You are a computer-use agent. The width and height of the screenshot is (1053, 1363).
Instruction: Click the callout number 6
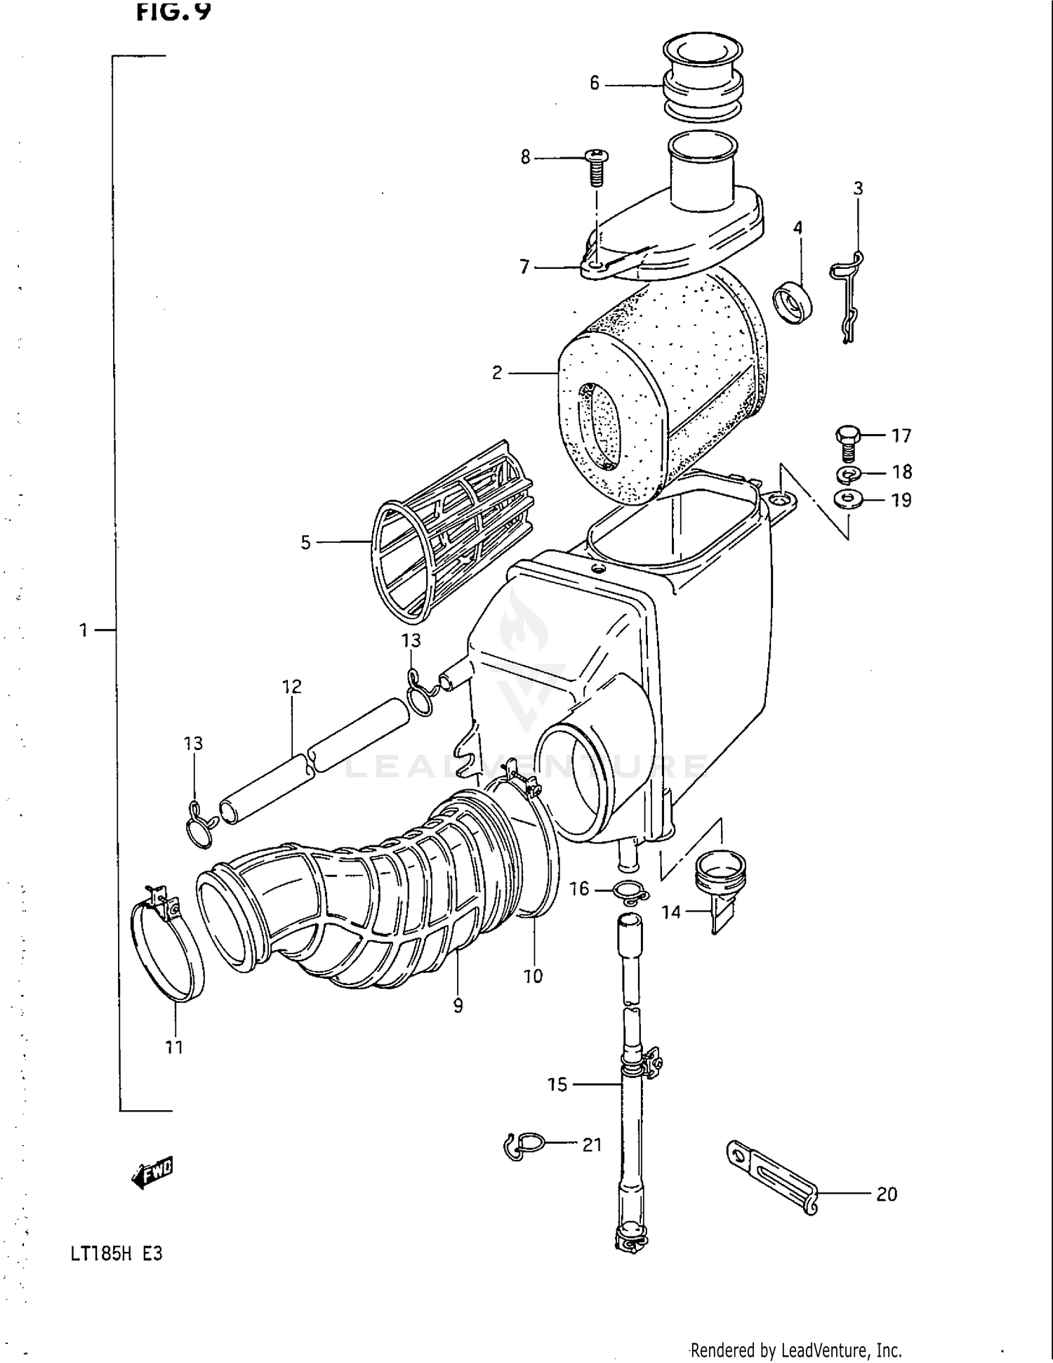coord(595,84)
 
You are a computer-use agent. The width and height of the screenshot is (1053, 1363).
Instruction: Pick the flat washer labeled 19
coord(848,500)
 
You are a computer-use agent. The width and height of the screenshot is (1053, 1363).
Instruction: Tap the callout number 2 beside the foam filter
coord(497,373)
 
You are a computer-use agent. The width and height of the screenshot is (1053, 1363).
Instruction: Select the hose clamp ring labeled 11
coord(167,948)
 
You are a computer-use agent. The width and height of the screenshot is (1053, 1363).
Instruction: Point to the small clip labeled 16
coord(630,892)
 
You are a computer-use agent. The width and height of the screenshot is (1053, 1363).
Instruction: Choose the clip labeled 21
coord(523,1146)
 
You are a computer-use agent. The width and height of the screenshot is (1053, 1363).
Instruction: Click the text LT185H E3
coord(117,1253)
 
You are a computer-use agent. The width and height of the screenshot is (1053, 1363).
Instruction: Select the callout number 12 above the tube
coord(292,686)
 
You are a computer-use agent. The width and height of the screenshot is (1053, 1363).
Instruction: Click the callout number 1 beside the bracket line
coord(84,630)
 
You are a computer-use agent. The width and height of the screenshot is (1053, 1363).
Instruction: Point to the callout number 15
coord(557,1085)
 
